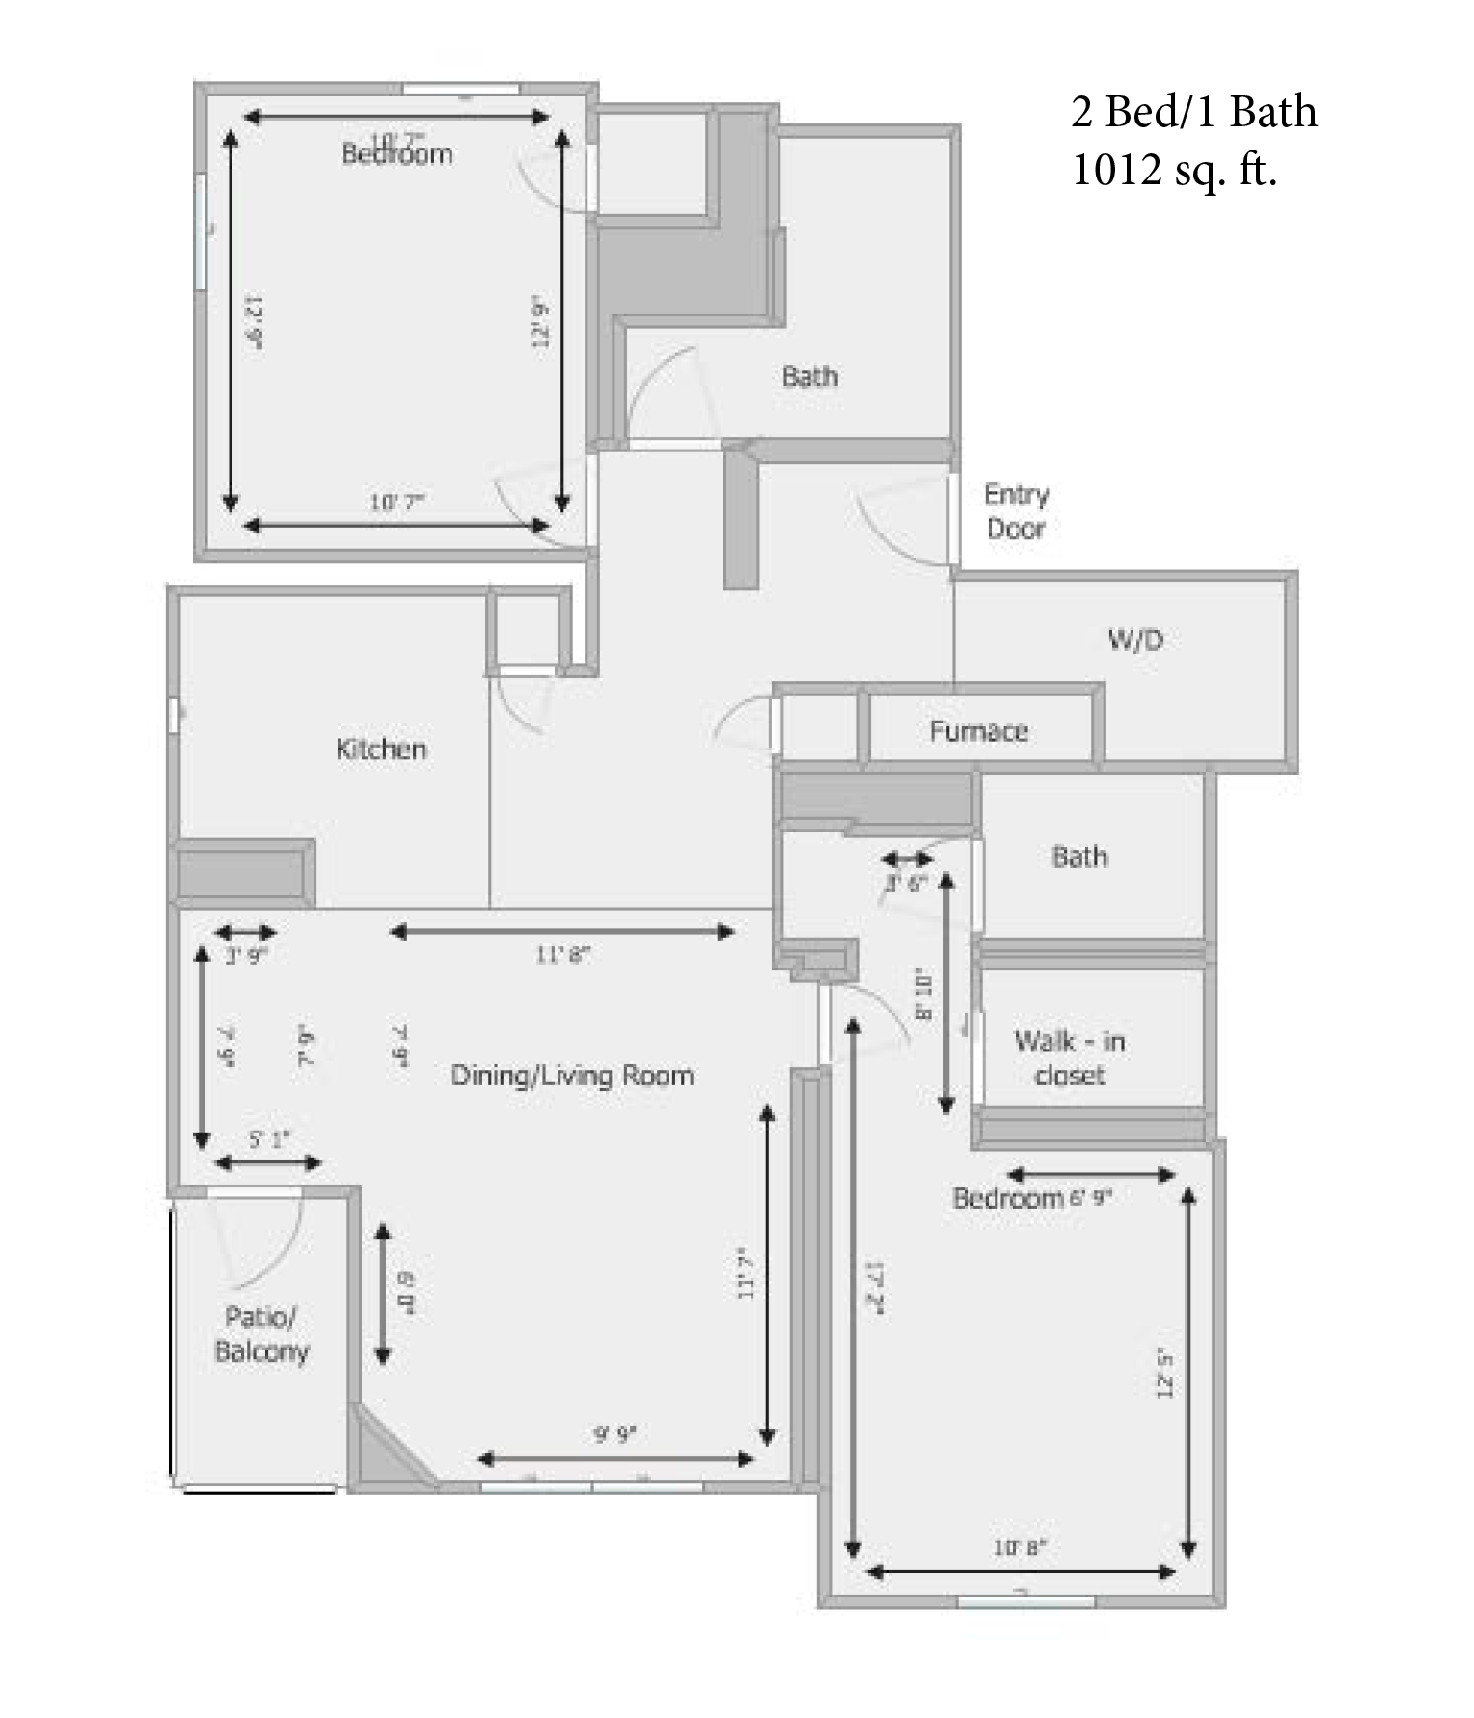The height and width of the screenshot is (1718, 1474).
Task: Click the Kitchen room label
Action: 381,750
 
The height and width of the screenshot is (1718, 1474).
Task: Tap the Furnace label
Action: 978,731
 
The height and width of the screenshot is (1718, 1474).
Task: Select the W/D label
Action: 1135,640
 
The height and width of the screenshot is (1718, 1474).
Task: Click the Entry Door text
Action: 1016,511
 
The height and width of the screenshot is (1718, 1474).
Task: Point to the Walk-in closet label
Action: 1069,1058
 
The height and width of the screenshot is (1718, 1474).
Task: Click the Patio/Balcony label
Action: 260,1334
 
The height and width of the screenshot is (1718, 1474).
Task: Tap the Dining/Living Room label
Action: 572,1076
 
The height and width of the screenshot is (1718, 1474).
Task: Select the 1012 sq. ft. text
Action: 1174,170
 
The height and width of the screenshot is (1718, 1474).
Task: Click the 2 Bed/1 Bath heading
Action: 1193,112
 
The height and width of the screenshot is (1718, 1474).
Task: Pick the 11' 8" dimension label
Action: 562,955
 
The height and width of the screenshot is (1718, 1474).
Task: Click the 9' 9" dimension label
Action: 614,1434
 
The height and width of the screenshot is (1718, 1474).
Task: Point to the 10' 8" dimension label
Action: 1020,1548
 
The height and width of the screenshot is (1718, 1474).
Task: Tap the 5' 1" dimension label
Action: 269,1140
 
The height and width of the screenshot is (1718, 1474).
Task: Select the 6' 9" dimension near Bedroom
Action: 1090,1198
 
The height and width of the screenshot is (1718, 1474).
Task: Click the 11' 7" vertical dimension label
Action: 745,1273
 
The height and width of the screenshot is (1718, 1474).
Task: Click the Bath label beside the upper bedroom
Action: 809,376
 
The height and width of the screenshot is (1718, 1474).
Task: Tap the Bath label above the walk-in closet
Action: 1079,857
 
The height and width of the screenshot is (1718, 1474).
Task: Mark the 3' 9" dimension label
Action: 245,956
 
